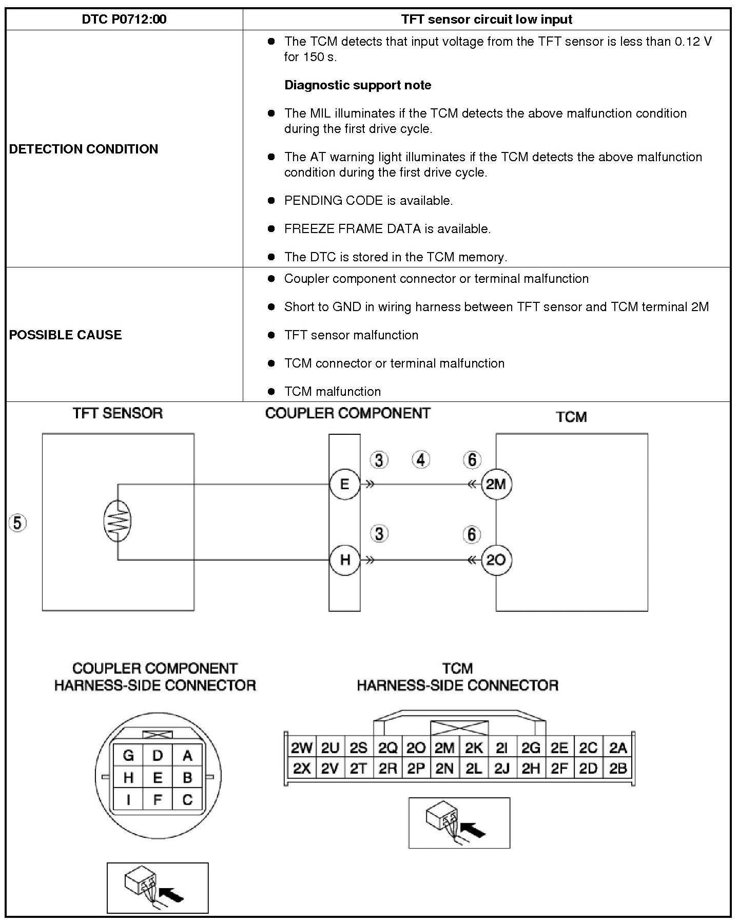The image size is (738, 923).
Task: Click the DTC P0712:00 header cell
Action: click(x=124, y=20)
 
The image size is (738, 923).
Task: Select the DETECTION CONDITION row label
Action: click(x=84, y=149)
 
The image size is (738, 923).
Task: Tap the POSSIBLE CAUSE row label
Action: click(x=65, y=335)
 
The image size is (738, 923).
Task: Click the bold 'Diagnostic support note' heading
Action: click(x=358, y=85)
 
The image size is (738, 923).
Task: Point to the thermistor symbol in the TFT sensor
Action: click(x=118, y=521)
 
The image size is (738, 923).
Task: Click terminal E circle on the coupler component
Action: click(x=344, y=484)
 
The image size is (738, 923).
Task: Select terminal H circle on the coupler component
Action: click(x=344, y=560)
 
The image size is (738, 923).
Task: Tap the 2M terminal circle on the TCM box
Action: click(x=496, y=484)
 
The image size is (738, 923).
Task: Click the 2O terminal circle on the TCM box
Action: click(x=496, y=560)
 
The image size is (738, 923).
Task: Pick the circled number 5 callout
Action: click(x=17, y=523)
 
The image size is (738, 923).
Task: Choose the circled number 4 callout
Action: click(x=421, y=460)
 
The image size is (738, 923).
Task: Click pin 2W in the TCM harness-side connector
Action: click(x=301, y=748)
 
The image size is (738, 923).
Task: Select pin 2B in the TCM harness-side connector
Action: click(x=617, y=768)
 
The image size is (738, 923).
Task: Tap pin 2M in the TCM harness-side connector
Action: click(x=444, y=748)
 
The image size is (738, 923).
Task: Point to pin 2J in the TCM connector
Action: click(x=502, y=768)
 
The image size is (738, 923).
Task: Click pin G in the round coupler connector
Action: click(x=128, y=755)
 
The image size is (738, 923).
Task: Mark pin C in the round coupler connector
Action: click(x=187, y=799)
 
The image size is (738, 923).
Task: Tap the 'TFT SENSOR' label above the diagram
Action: click(x=118, y=413)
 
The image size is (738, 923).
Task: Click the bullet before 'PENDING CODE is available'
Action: click(x=271, y=201)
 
